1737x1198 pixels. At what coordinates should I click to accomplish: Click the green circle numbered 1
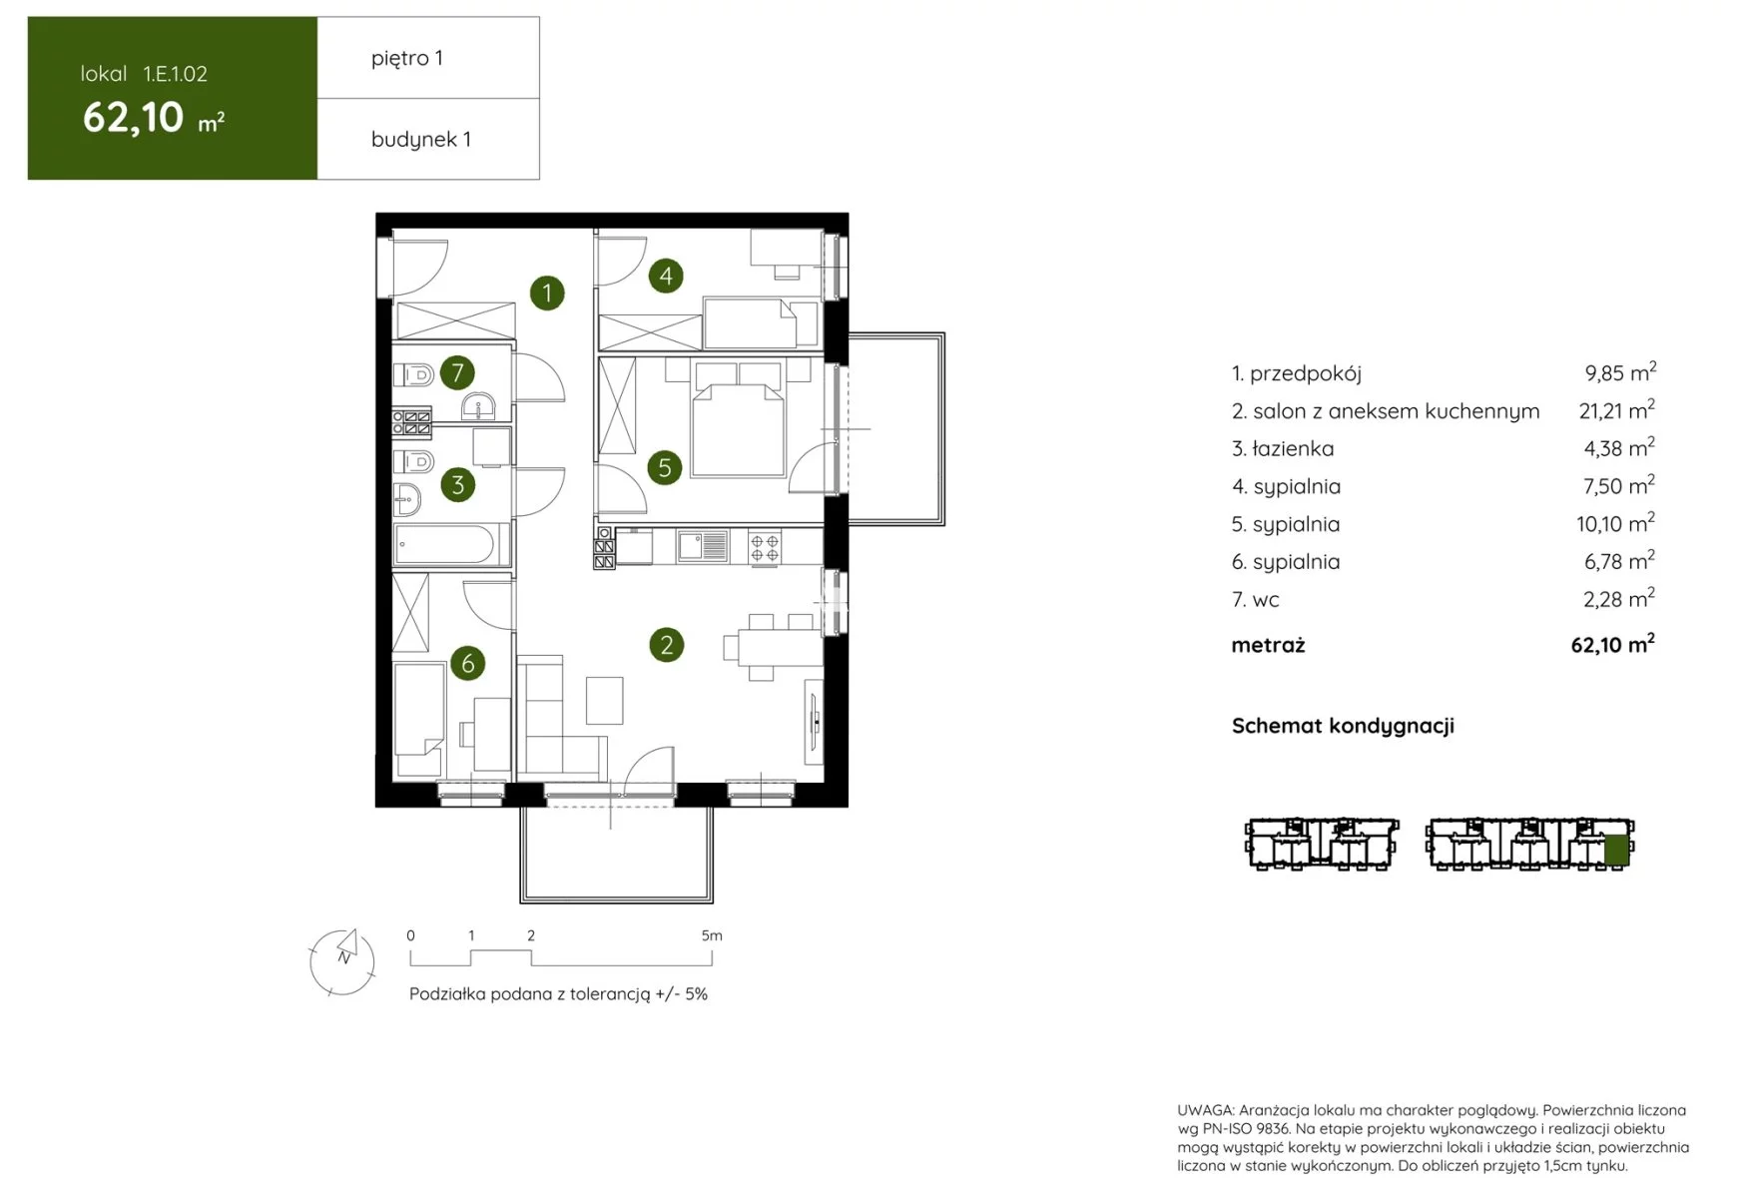[547, 294]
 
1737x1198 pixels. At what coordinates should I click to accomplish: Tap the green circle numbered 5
[665, 467]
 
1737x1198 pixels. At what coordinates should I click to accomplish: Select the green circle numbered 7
[457, 372]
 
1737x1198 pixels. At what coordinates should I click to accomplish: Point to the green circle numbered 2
[667, 645]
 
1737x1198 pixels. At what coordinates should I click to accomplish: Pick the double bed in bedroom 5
[739, 419]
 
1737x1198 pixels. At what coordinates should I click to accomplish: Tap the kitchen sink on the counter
[703, 546]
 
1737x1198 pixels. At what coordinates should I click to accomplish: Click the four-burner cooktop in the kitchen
[766, 547]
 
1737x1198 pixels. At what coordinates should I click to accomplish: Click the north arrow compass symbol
[342, 961]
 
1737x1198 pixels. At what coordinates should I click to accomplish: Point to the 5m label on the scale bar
[712, 935]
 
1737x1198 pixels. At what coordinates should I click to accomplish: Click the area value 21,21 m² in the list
[1617, 410]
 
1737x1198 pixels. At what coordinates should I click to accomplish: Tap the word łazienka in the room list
[1293, 449]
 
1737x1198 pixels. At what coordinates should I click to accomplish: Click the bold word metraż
[1268, 645]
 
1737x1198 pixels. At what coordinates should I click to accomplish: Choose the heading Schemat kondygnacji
[1343, 726]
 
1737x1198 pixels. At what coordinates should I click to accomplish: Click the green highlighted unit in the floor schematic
[1616, 850]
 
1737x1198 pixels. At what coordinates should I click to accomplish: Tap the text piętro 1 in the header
[407, 58]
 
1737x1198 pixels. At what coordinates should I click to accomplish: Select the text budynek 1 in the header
[421, 139]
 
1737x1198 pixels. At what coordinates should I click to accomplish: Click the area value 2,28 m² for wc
[1619, 599]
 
